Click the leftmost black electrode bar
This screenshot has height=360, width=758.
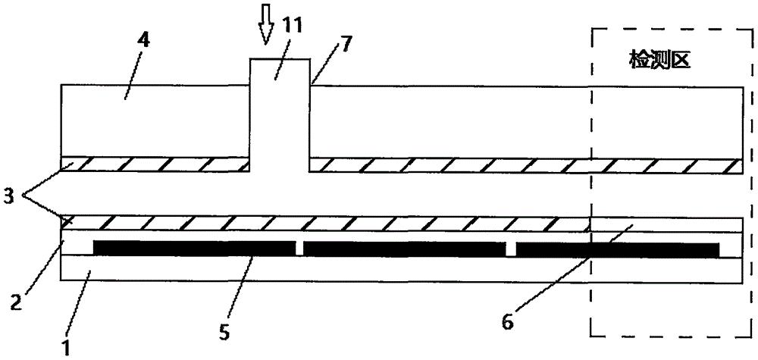(194, 249)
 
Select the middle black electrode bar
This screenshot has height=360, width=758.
(404, 249)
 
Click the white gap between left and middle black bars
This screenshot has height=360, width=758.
(299, 249)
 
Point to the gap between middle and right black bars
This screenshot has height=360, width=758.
(511, 249)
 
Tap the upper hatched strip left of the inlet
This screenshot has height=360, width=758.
(155, 164)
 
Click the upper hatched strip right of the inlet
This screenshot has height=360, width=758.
(526, 165)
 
